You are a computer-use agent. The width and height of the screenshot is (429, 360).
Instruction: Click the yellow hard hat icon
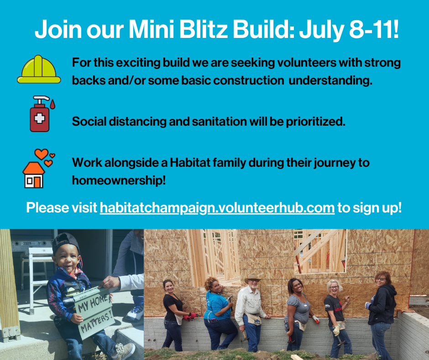(39, 69)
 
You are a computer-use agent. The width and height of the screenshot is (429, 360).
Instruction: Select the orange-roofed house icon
(33, 175)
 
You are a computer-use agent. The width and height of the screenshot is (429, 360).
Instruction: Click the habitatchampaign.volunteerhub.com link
(217, 208)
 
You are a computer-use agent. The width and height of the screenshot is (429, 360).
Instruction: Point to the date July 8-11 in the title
(349, 29)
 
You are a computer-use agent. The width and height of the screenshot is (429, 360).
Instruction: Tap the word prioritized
(315, 122)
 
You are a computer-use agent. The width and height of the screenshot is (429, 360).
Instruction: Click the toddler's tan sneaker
(124, 351)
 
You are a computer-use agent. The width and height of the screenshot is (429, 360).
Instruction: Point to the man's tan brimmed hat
(252, 278)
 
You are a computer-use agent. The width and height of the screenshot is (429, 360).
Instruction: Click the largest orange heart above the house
(42, 154)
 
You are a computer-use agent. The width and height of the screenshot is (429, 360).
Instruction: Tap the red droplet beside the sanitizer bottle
(52, 104)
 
